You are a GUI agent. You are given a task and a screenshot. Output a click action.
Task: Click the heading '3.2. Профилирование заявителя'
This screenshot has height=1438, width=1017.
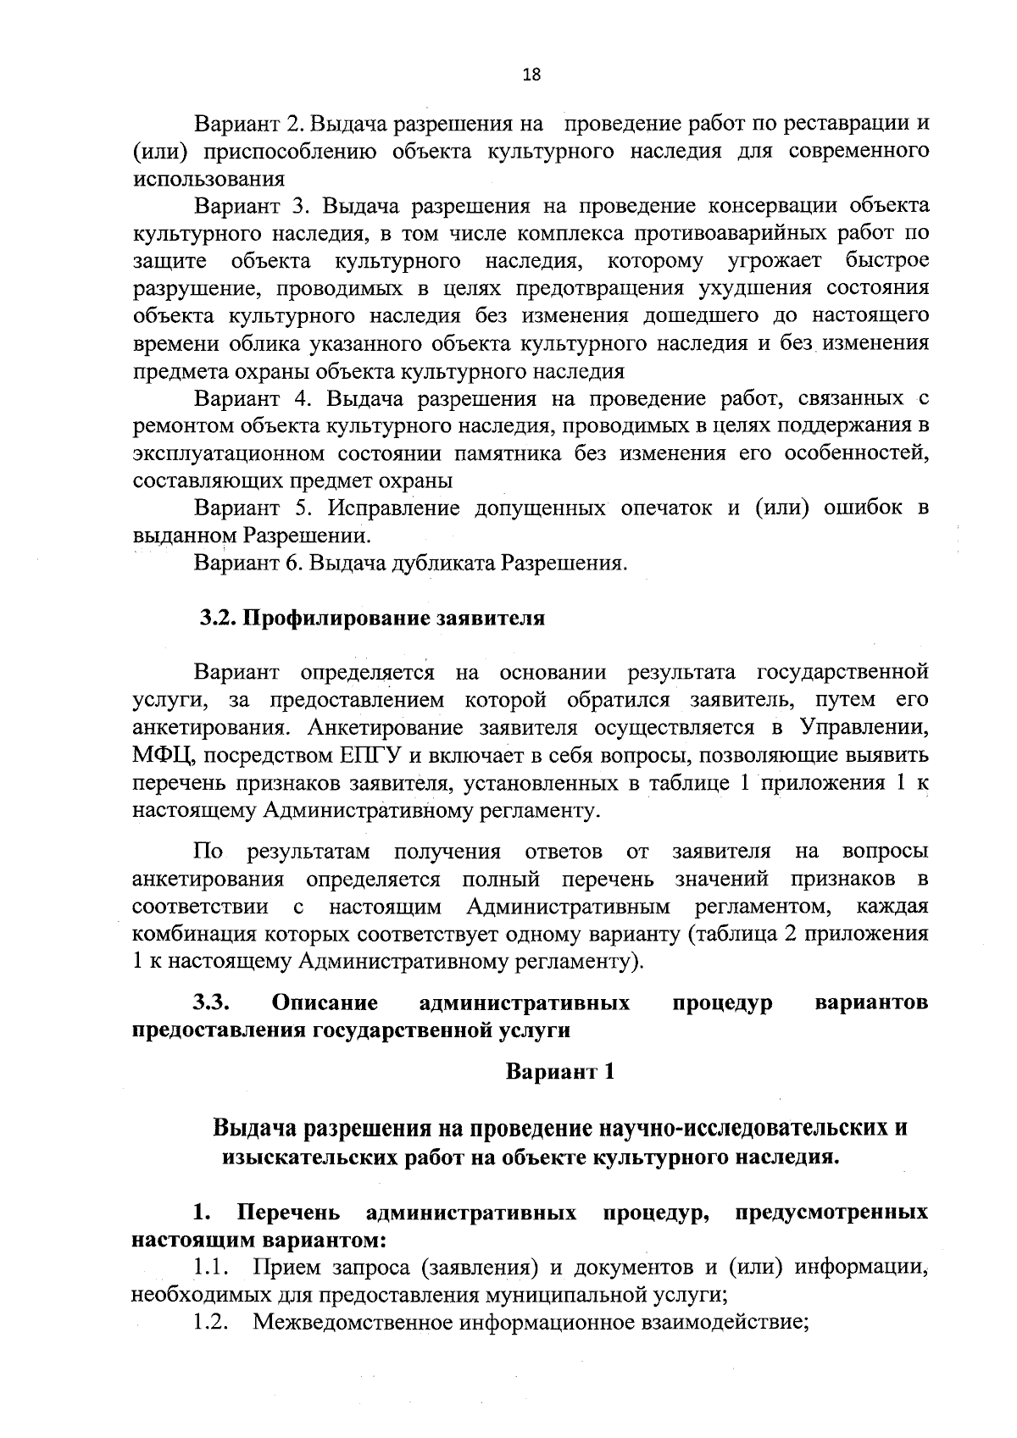click(x=372, y=618)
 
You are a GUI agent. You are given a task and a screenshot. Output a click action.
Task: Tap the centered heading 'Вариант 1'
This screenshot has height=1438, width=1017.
click(x=559, y=1071)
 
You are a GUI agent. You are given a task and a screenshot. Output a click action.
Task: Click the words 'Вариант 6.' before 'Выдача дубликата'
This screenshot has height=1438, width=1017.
click(x=242, y=564)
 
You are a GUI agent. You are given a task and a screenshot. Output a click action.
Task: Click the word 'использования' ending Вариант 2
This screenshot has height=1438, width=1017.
click(x=208, y=179)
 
